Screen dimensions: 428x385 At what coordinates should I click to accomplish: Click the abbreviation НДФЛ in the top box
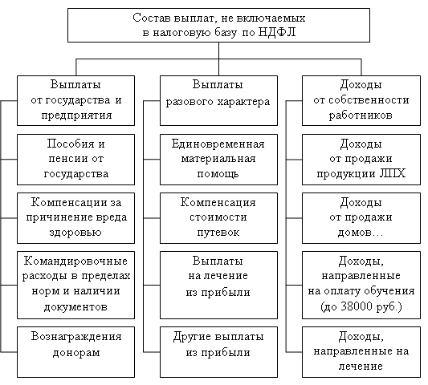click(276, 32)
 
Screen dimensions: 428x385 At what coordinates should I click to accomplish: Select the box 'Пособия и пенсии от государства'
click(75, 160)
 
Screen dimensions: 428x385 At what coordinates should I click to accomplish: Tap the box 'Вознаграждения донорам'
click(75, 352)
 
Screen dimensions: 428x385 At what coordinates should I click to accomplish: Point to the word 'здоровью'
click(75, 233)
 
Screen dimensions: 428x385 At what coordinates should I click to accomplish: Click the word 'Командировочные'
click(75, 261)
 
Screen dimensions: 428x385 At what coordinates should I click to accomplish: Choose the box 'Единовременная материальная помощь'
click(218, 160)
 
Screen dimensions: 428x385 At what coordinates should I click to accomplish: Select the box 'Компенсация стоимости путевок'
click(218, 218)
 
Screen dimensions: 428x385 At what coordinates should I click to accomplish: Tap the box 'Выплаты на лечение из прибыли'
click(218, 285)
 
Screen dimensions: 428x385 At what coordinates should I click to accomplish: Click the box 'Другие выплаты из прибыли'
click(218, 352)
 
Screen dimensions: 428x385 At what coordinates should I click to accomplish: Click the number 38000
click(357, 306)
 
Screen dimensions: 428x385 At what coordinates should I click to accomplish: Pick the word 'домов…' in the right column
click(361, 233)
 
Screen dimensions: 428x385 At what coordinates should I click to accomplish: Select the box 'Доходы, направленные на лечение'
click(361, 352)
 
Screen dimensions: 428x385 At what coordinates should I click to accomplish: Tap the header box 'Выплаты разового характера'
click(218, 100)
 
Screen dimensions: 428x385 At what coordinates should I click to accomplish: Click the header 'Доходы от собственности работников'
click(361, 100)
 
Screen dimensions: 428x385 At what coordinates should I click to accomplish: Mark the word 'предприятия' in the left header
click(77, 115)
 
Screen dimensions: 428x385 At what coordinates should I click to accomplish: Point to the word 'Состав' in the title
click(152, 18)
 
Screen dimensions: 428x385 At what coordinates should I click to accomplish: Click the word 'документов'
click(75, 306)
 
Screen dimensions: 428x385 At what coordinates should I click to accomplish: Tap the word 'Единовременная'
click(218, 144)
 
